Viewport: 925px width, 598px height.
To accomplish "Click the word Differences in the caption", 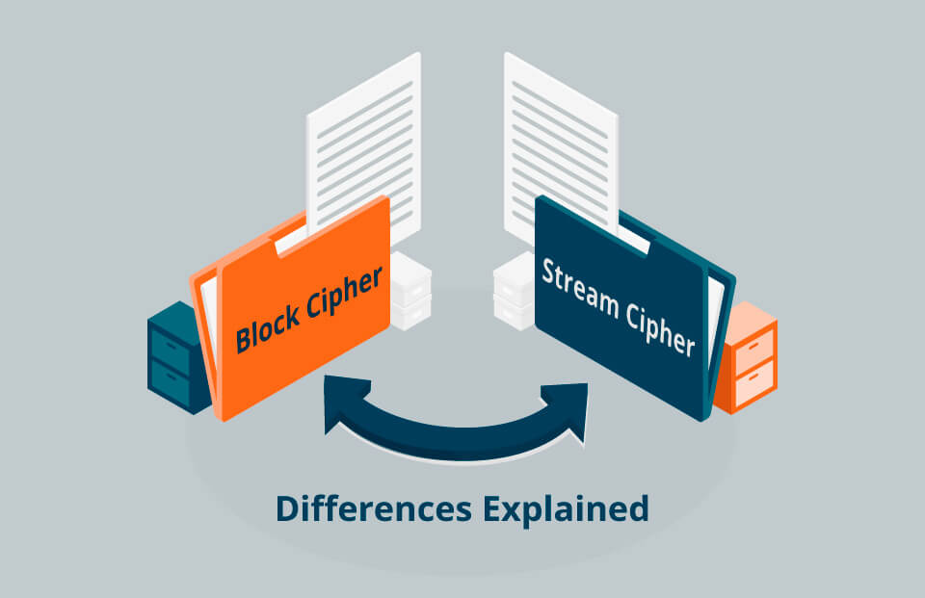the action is click(364, 508).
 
